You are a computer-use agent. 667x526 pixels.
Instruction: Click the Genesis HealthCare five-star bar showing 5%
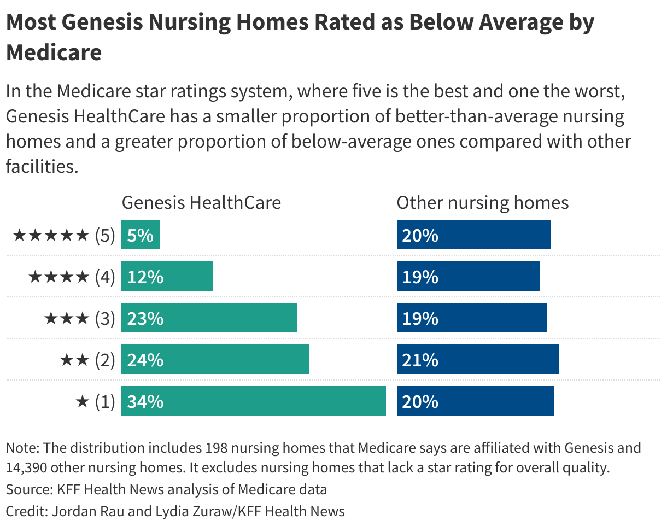click(141, 235)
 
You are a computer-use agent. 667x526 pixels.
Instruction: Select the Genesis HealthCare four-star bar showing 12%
click(167, 277)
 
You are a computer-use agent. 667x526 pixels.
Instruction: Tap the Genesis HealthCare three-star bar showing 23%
click(209, 318)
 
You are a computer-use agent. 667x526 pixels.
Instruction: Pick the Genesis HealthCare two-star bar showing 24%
click(215, 360)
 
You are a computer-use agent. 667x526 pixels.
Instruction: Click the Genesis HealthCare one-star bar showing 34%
click(254, 401)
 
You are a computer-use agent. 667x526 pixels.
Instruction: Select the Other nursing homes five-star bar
click(473, 235)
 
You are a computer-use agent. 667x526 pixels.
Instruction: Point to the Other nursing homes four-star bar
click(468, 277)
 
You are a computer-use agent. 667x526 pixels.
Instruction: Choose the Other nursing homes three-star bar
click(471, 318)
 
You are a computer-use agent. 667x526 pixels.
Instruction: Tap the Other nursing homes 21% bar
click(477, 360)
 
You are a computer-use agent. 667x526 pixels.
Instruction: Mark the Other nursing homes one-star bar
click(475, 401)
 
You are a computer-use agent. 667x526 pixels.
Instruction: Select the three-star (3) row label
click(79, 319)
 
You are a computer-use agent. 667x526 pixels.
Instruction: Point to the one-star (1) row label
click(95, 402)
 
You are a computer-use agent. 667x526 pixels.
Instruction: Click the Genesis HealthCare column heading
click(201, 203)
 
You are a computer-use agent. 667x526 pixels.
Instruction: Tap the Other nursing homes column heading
click(482, 203)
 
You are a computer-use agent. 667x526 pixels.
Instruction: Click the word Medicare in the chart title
click(54, 52)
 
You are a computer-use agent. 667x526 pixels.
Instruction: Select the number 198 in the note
click(218, 448)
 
